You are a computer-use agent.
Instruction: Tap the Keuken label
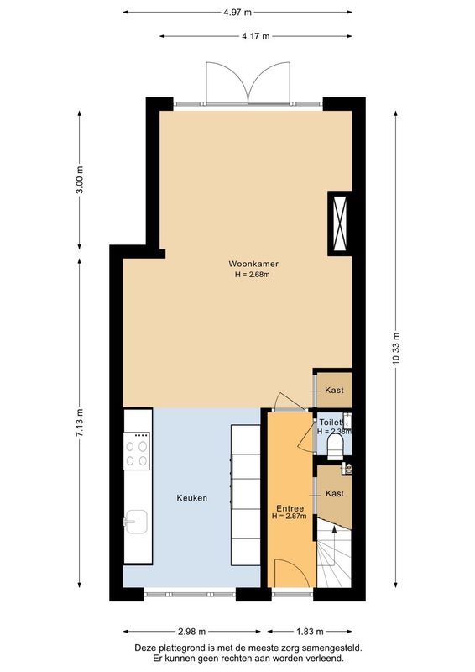pos(191,498)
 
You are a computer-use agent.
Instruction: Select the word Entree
pos(290,509)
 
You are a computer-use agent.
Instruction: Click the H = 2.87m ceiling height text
pos(290,517)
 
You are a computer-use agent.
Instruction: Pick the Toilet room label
pos(332,422)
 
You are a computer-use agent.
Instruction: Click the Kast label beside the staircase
pos(335,493)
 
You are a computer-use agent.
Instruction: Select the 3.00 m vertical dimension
pos(80,181)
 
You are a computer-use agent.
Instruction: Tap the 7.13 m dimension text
pos(80,421)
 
